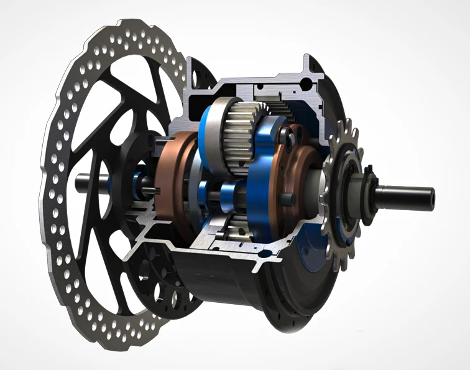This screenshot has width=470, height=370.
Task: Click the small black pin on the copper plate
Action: click(x=288, y=200)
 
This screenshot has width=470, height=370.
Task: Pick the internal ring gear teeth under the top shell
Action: click(x=280, y=106)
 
